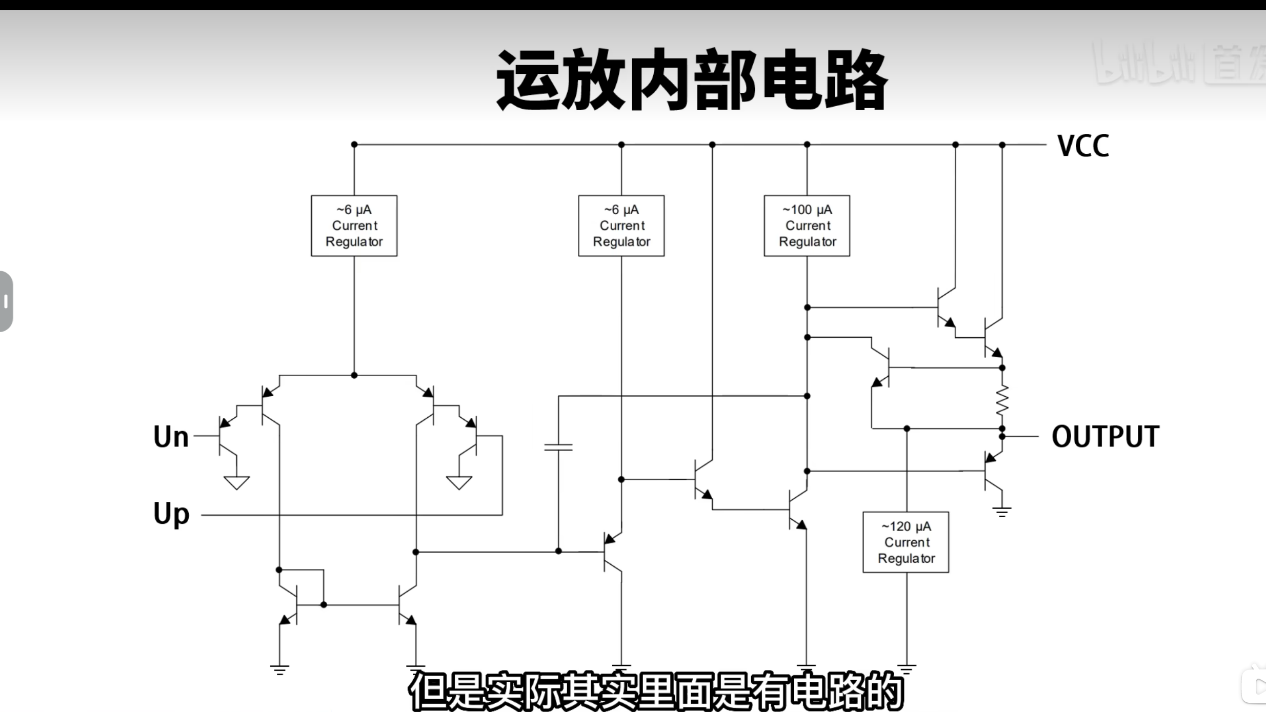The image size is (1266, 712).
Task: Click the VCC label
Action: point(1083,146)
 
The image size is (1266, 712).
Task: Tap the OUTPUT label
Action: point(1105,437)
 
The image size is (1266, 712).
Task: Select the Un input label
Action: point(171,437)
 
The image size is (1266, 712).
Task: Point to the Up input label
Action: point(171,514)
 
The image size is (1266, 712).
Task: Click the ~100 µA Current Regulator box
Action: point(807,226)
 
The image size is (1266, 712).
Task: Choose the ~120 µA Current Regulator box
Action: point(906,542)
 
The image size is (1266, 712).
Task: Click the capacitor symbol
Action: point(558,447)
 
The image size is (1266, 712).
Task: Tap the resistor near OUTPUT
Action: point(1002,399)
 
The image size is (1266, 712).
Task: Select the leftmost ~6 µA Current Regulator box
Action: point(354,226)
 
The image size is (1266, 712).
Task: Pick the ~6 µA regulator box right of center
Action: point(621,226)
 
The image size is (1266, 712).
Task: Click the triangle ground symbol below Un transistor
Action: point(236,482)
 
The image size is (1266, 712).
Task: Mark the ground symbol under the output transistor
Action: point(1001,512)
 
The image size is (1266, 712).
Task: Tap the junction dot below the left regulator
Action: point(354,375)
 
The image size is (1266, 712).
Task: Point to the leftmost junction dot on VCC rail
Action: point(354,145)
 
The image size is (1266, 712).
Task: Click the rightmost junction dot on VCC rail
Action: point(1002,145)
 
